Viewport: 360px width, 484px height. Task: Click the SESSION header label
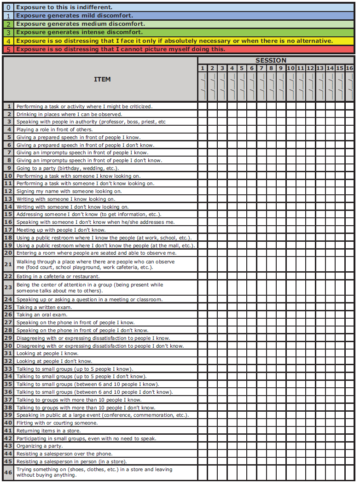click(x=271, y=60)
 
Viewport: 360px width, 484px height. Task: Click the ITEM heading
click(x=102, y=79)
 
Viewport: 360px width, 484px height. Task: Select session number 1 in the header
click(x=203, y=68)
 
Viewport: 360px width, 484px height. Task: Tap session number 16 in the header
click(x=349, y=68)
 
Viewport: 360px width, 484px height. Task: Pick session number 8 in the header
click(x=271, y=68)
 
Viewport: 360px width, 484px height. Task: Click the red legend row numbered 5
click(x=120, y=49)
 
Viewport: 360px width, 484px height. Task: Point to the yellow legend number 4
click(x=8, y=41)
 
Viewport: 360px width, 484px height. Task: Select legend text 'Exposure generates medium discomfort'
click(x=81, y=24)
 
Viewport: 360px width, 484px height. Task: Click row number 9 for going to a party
click(x=8, y=168)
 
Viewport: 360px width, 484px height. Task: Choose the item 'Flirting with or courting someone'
click(x=57, y=423)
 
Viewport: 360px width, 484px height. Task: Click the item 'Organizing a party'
click(x=40, y=446)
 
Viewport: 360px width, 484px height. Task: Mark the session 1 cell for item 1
click(x=203, y=106)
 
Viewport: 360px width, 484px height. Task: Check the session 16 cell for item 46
click(x=349, y=472)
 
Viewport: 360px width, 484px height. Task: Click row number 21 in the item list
click(x=8, y=264)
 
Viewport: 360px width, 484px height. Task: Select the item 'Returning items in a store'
click(x=48, y=431)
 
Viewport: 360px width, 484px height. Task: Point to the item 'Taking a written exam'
click(x=44, y=307)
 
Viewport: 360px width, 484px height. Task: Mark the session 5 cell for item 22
click(x=242, y=276)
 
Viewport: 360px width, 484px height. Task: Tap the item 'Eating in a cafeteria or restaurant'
click(x=58, y=276)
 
